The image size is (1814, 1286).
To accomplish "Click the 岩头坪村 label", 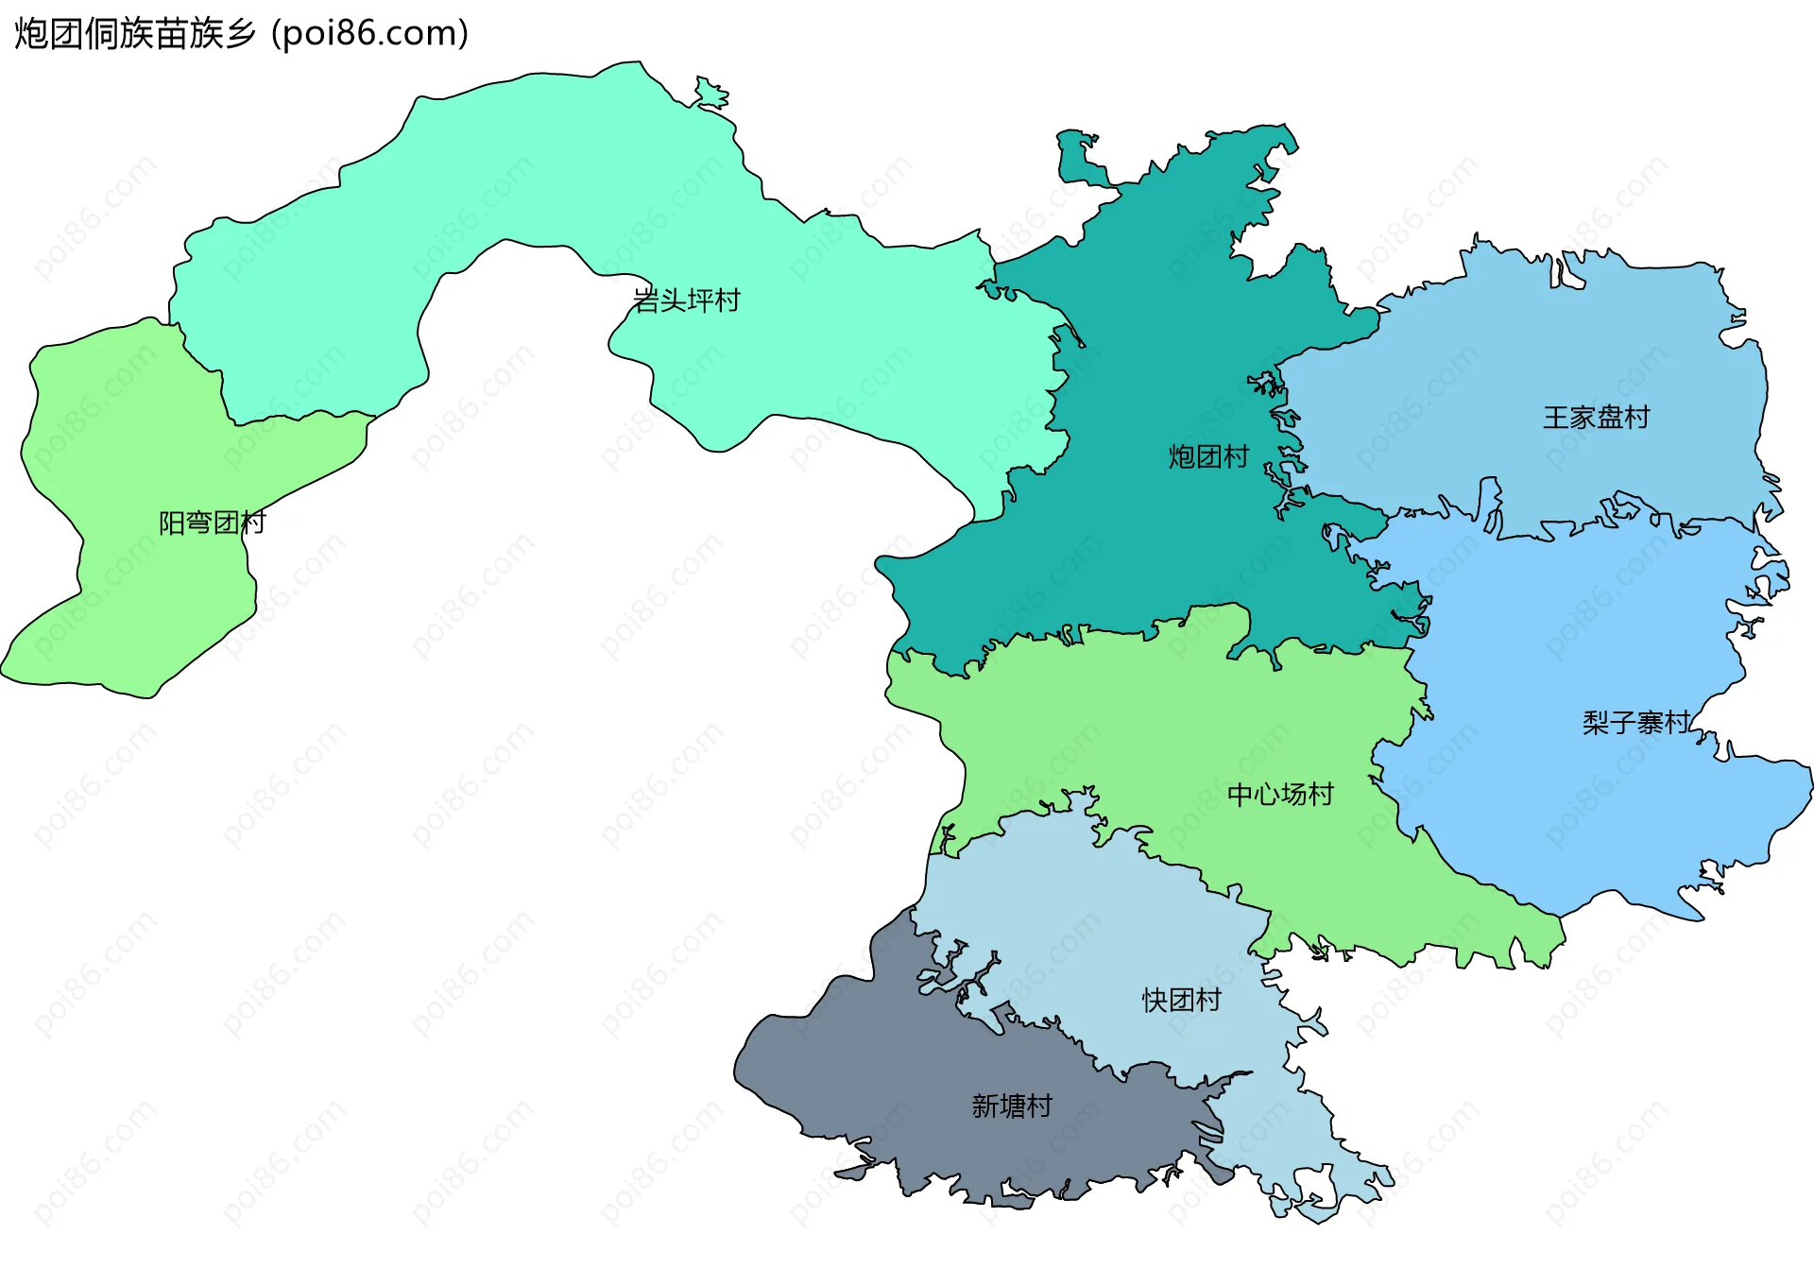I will point(686,300).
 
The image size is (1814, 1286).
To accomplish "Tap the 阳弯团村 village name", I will point(212,523).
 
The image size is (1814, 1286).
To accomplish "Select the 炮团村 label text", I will point(1208,457).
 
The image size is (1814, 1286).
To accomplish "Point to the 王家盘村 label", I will point(1596,418).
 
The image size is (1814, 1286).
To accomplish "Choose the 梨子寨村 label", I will point(1635,723).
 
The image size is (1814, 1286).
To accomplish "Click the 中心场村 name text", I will point(1280,795).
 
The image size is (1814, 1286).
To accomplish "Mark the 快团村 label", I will point(1181,1000).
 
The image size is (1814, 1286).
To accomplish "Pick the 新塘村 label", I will point(1012,1106).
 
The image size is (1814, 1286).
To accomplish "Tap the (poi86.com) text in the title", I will point(369,34).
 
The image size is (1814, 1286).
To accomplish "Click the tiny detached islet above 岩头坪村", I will point(710,94).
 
